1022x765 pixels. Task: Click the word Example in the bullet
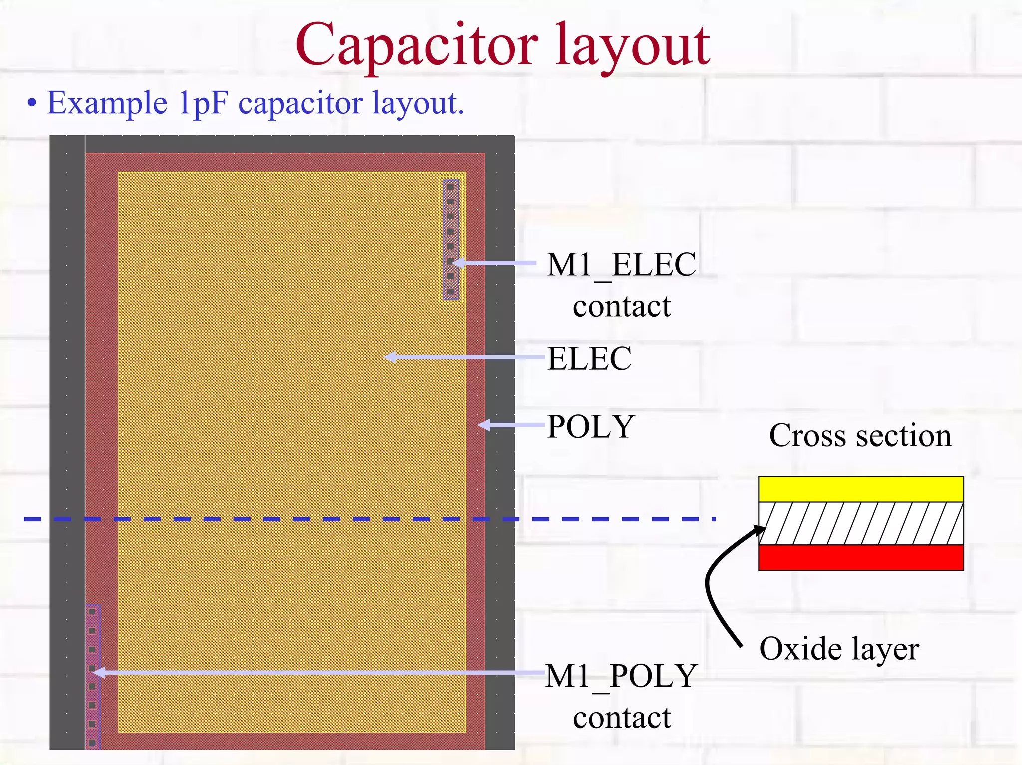107,103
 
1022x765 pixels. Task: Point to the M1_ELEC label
621,265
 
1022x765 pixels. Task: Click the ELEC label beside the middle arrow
589,358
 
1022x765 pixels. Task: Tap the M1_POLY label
621,676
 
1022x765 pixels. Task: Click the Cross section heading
860,435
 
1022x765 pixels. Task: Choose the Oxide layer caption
839,649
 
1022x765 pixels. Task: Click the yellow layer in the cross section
861,489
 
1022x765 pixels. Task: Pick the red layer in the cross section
861,557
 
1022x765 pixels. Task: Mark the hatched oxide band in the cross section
861,523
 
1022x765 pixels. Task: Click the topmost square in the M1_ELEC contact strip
450,187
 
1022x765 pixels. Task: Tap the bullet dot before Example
32,103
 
